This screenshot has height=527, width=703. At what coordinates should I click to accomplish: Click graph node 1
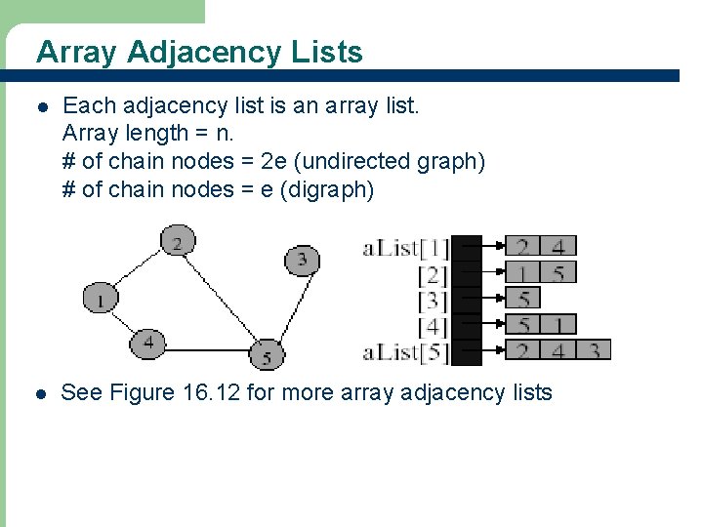(x=100, y=297)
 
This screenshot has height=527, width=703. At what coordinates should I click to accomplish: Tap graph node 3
(x=303, y=260)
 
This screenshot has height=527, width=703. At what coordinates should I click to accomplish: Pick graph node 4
(x=148, y=343)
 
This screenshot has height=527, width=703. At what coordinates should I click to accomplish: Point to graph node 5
(x=267, y=353)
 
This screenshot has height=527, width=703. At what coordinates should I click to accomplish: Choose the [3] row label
(x=433, y=300)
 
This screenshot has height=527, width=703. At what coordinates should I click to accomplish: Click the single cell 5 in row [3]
(x=523, y=298)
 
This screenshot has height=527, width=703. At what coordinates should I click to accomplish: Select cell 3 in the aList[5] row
(x=594, y=349)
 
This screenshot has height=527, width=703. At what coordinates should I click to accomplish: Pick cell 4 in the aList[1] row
(x=558, y=246)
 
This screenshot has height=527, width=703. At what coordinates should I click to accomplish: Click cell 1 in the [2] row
(x=523, y=272)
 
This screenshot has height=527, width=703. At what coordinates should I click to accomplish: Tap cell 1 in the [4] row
(x=558, y=324)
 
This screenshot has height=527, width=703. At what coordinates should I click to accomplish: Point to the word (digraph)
(x=327, y=189)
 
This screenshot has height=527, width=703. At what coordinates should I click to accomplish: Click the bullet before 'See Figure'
(x=40, y=394)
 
